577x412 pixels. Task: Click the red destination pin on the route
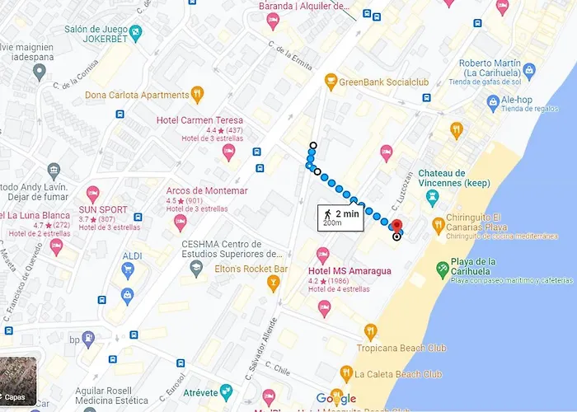point(396,226)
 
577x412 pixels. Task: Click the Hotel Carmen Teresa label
point(200,120)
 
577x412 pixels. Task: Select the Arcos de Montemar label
point(207,190)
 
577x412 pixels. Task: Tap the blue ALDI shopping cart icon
point(127,294)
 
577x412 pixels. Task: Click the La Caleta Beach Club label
point(397,374)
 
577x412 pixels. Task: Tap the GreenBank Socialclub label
point(384,81)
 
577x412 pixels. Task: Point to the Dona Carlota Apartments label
point(136,95)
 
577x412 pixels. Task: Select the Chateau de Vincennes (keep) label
point(453,177)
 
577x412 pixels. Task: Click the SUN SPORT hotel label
point(103,210)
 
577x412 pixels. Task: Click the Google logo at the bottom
point(336,400)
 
